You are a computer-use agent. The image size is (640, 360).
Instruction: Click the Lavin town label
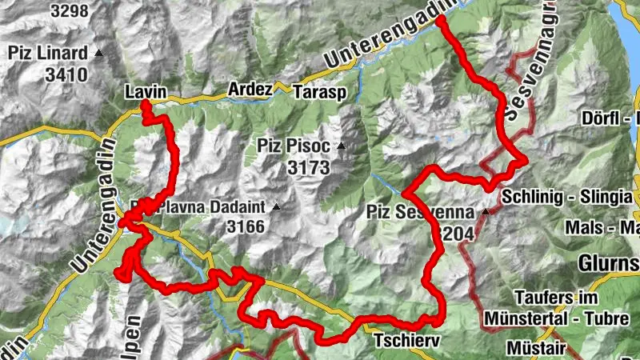(146, 93)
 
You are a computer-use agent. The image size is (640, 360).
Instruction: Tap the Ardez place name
(250, 89)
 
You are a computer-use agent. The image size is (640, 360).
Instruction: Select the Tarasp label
(320, 91)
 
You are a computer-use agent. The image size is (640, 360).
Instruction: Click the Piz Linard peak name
(48, 54)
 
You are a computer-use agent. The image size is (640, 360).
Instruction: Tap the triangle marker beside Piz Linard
(99, 54)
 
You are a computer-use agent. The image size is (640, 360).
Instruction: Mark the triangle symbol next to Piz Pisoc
(342, 146)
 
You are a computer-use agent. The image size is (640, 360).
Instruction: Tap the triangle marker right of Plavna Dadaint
(277, 206)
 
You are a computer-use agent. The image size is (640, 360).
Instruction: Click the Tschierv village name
(407, 341)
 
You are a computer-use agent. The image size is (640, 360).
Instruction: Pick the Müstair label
(537, 350)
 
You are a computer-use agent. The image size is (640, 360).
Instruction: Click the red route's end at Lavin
(145, 105)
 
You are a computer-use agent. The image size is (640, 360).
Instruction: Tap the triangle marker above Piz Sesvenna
(486, 212)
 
